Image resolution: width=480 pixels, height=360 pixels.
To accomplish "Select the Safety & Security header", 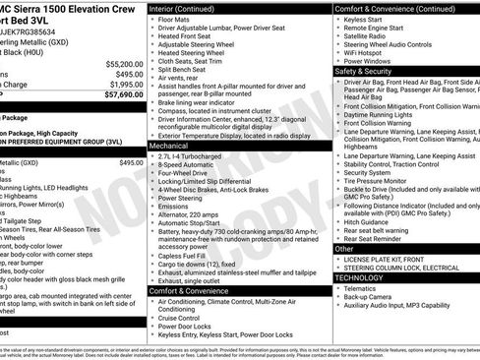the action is pyautogui.click(x=363, y=72).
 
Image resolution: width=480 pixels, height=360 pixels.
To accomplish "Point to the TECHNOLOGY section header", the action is pyautogui.click(x=361, y=278).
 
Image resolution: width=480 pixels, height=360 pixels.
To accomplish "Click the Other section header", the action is pyautogui.click(x=344, y=249).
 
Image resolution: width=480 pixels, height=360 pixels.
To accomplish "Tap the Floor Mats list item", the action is pyautogui.click(x=179, y=19).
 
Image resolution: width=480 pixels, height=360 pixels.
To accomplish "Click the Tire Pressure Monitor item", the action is pyautogui.click(x=384, y=181).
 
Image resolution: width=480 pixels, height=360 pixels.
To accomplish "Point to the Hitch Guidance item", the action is pyautogui.click(x=371, y=223).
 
